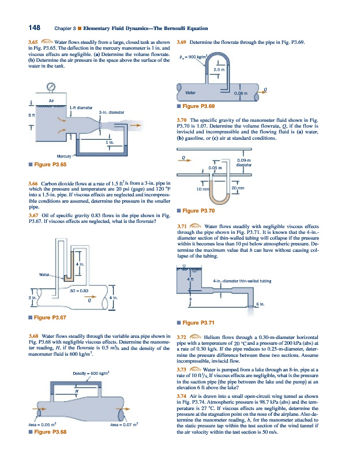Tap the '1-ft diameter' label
[x=80, y=108]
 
